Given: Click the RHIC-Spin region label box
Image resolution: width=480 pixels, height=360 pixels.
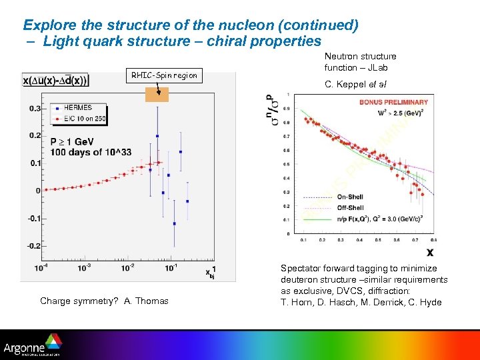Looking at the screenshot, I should point(164,75).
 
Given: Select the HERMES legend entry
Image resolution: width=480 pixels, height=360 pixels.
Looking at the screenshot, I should point(77,107).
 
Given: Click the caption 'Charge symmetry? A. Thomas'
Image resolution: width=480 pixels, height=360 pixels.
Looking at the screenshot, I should point(104,301).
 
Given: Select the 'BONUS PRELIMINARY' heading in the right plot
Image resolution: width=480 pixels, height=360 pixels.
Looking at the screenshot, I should point(395,102).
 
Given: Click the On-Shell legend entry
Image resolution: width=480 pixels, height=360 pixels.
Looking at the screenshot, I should point(350,197).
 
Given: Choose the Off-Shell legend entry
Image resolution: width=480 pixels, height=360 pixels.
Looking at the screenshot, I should point(350,207).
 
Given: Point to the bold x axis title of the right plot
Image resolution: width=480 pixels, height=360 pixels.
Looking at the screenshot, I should point(430,252).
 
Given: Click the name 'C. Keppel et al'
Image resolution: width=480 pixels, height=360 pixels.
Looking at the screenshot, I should point(355,84).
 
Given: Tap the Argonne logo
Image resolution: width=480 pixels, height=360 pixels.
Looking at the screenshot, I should point(31,347).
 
